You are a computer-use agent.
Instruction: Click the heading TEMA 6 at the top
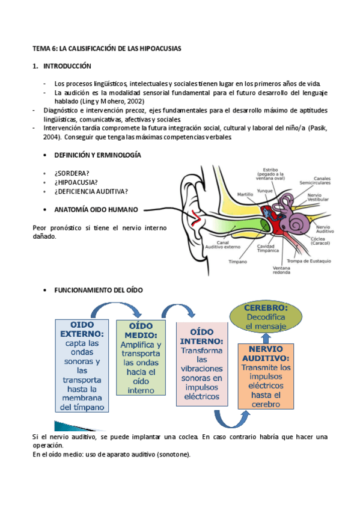coord(107,48)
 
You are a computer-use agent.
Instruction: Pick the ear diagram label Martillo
coord(245,194)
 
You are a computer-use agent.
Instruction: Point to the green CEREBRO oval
coord(266,316)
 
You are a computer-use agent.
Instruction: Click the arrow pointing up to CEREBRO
coord(266,338)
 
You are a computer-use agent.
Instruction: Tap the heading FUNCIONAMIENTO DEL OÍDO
coord(99,289)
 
